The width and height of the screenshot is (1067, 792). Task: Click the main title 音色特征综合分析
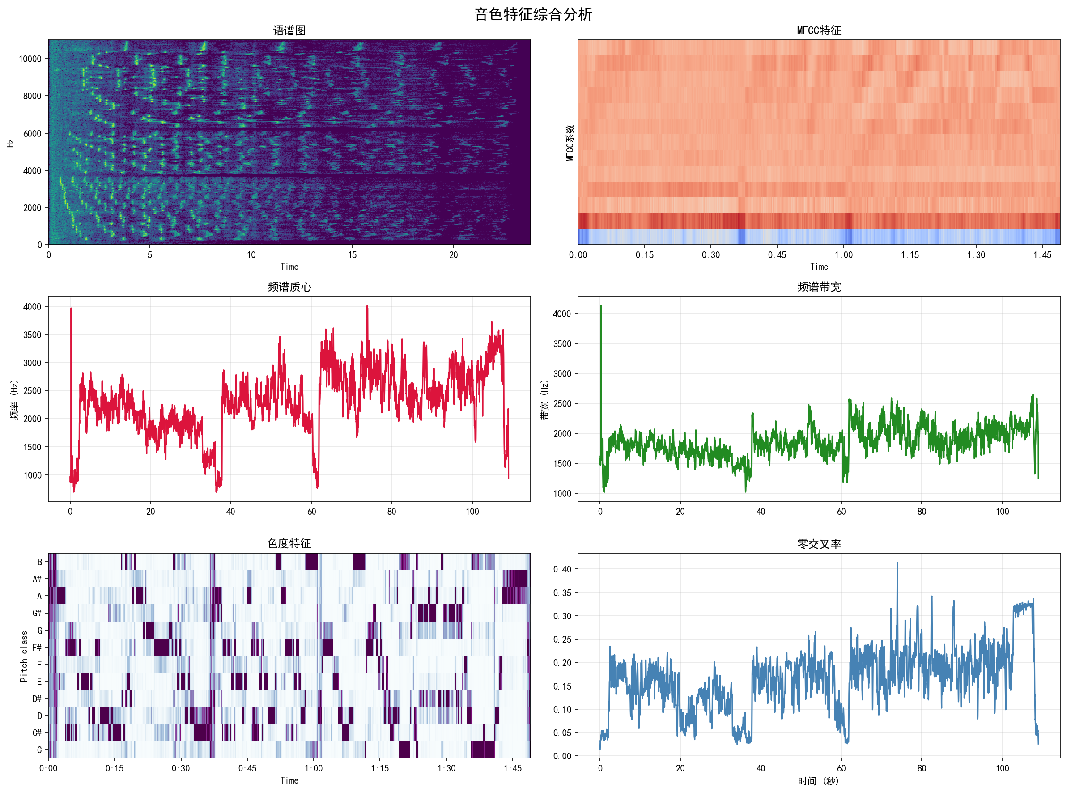tap(533, 14)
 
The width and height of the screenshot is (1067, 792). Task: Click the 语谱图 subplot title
tap(289, 31)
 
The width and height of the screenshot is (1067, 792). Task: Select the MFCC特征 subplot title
tap(819, 31)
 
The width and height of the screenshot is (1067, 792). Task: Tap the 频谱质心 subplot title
tap(289, 287)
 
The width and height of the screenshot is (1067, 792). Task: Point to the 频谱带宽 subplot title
tap(819, 287)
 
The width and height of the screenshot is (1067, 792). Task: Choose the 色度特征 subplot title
tap(289, 543)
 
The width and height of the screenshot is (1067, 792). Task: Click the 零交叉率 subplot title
tap(819, 544)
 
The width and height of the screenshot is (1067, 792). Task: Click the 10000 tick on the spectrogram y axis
tap(30, 59)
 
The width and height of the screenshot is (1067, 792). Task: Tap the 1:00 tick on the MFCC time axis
tap(843, 255)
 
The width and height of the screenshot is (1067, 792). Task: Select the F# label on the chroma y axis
tap(37, 647)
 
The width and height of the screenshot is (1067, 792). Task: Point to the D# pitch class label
tap(37, 699)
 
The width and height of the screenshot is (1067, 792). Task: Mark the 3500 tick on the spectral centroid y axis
tap(32, 335)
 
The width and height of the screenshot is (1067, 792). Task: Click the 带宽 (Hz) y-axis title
tap(544, 400)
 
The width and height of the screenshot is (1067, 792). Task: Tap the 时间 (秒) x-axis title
tap(818, 781)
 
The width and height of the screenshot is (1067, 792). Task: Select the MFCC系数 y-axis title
tap(570, 143)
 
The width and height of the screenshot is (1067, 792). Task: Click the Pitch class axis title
tap(24, 656)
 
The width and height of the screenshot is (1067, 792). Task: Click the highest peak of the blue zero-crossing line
tap(897, 563)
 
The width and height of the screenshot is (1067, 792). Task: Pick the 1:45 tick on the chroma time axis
tap(513, 768)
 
